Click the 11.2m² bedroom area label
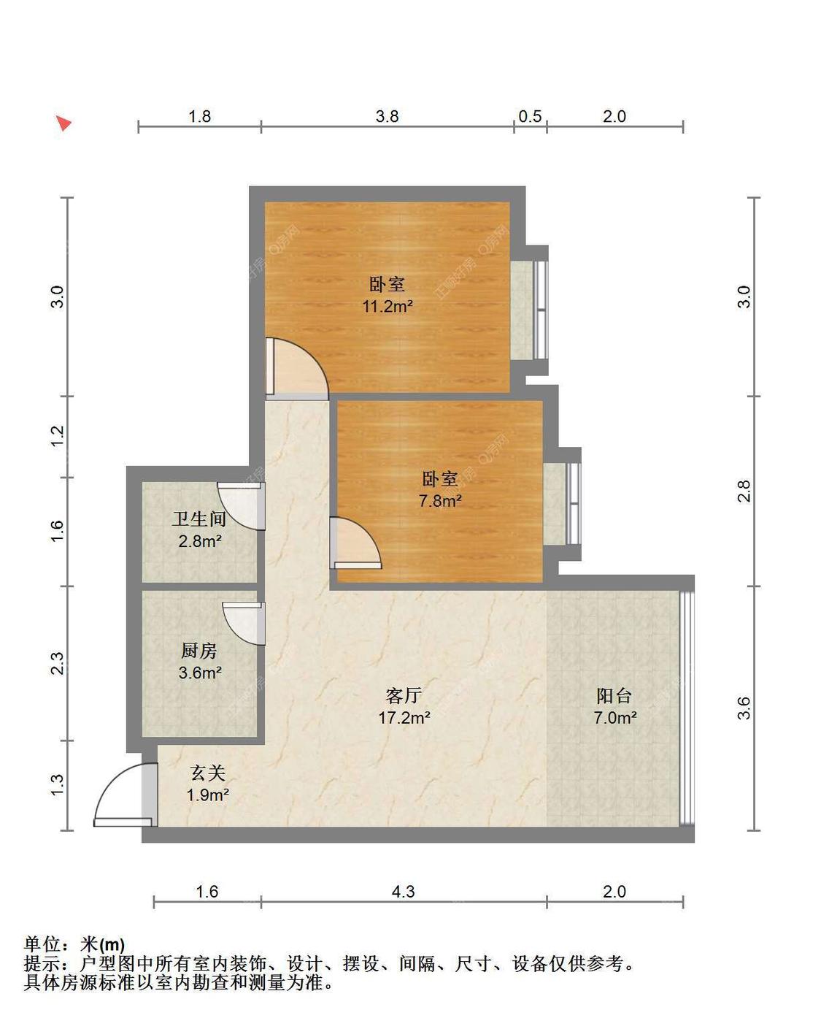point(388,307)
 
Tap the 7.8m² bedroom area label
point(440,502)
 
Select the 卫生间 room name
point(198,519)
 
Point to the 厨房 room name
point(199,650)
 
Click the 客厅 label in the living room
point(404,695)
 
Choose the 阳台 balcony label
point(614,695)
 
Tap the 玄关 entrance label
point(208,773)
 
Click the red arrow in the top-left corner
point(64,123)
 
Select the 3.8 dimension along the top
point(387,116)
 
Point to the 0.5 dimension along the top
point(530,116)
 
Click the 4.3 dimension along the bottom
point(403,892)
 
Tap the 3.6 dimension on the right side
point(744,708)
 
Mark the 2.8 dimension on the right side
point(744,491)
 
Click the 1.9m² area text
point(208,795)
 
